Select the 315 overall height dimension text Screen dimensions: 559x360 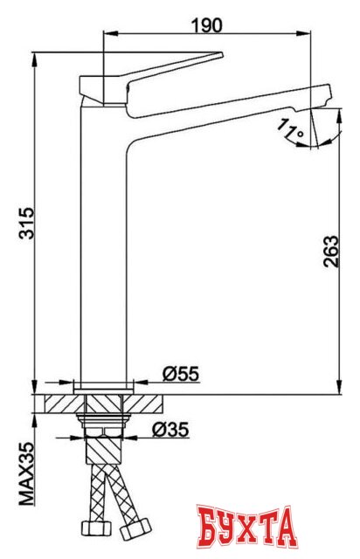[25, 224]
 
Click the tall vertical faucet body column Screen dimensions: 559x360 [104, 245]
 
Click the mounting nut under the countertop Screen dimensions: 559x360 [104, 429]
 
